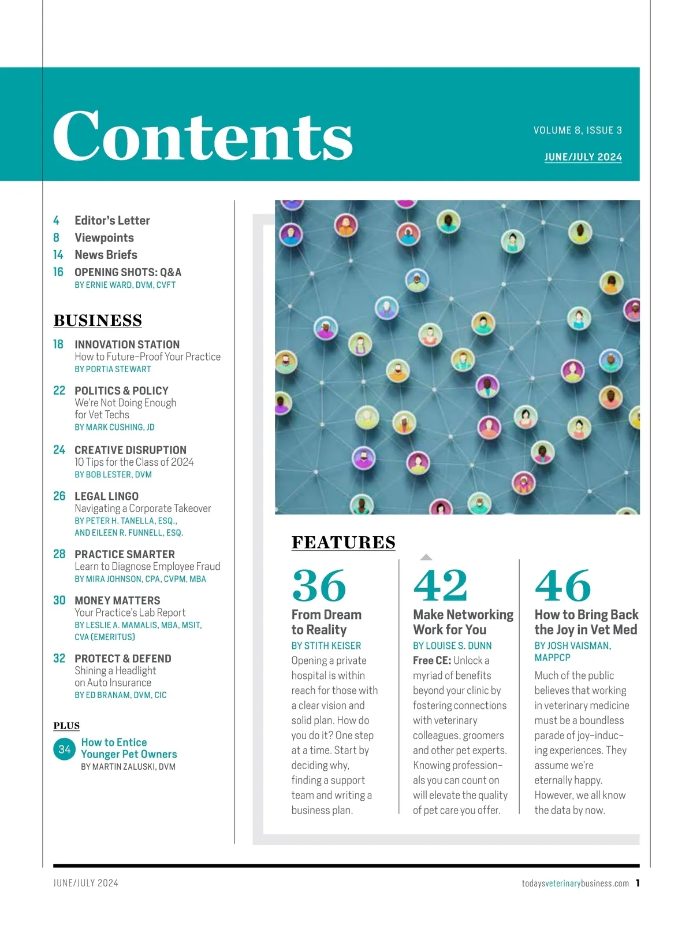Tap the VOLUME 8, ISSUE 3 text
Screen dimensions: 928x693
[577, 131]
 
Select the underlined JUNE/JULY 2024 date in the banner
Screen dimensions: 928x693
[583, 157]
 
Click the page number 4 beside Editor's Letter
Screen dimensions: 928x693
[56, 221]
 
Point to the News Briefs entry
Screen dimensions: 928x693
[106, 255]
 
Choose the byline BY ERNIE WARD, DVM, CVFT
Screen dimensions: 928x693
[125, 285]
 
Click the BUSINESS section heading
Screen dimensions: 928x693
[98, 321]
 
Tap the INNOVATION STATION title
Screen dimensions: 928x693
[127, 344]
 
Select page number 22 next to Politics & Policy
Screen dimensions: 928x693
[59, 391]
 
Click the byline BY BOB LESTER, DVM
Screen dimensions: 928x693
[113, 474]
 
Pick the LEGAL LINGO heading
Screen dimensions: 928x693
[106, 496]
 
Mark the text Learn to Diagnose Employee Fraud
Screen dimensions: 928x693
[147, 566]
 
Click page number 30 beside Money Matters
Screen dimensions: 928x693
[59, 600]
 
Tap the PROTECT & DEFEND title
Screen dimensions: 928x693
[123, 659]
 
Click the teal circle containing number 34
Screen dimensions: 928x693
[64, 749]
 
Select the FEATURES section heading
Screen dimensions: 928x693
[344, 543]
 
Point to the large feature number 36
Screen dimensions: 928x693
[319, 586]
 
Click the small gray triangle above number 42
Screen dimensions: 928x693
[426, 557]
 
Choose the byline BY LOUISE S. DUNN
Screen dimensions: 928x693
[452, 645]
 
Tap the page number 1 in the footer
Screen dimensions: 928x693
[638, 883]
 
